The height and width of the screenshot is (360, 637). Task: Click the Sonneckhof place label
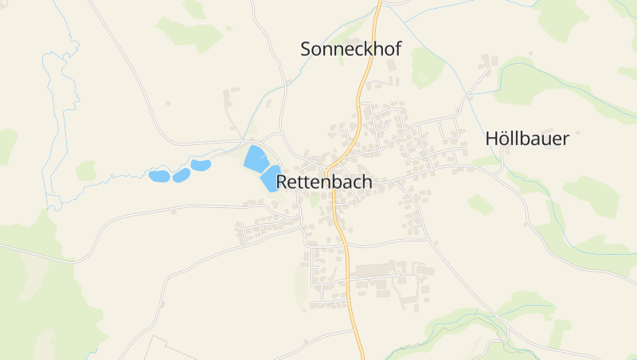(x=350, y=49)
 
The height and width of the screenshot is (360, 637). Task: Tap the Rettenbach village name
(x=324, y=182)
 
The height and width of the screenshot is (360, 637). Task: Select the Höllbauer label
(x=527, y=139)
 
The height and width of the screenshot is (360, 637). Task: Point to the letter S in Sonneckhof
(x=307, y=49)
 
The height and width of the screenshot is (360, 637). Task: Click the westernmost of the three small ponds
(x=159, y=175)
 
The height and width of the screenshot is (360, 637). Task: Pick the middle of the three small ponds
(x=182, y=174)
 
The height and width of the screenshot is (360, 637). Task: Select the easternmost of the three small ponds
(x=200, y=166)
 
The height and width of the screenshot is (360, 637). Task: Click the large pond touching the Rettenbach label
(x=269, y=178)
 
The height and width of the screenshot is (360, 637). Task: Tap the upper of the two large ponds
(x=255, y=158)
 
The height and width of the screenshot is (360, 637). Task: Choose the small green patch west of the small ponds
(x=86, y=170)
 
